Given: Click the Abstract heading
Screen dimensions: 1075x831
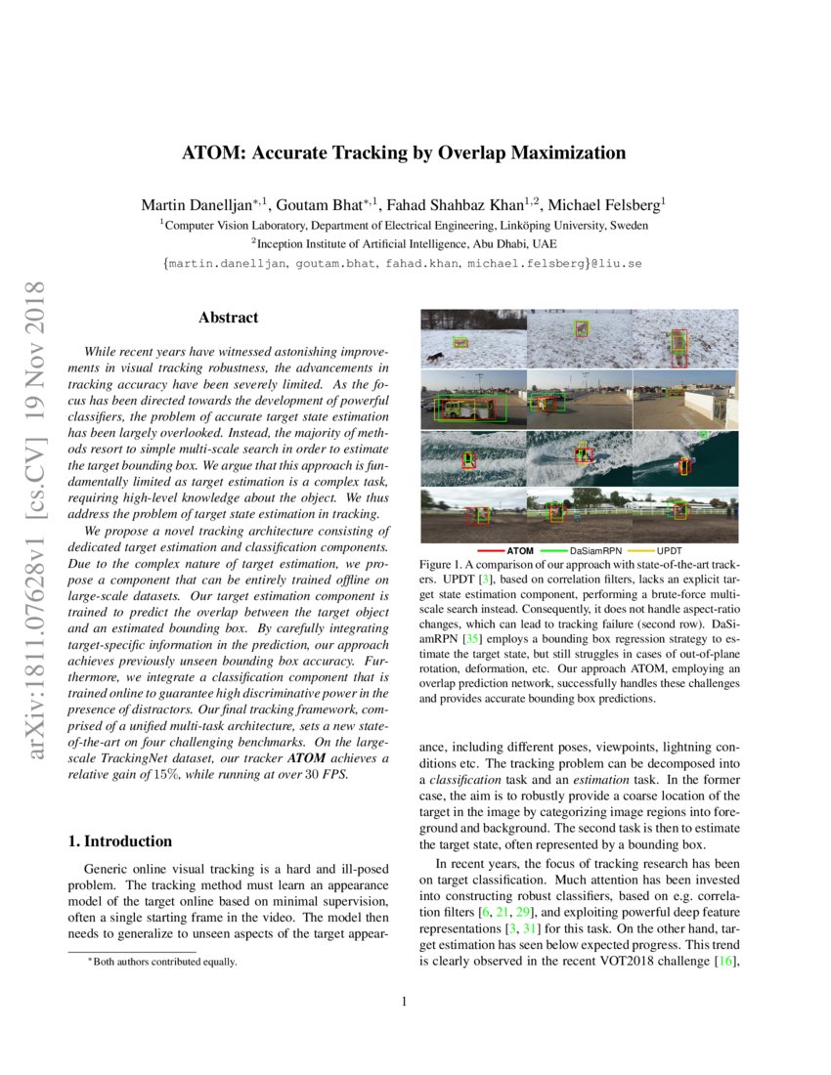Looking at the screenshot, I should click(x=229, y=318).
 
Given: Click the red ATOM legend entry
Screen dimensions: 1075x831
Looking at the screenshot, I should click(x=513, y=551).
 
